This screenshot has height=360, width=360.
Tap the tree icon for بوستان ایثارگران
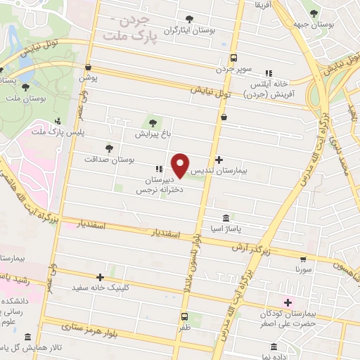pos(188,19)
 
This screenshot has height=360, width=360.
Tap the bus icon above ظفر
pos(184,316)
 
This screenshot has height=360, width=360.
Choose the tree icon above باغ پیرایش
pos(153,122)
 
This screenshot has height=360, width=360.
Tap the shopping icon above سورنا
pos(303,259)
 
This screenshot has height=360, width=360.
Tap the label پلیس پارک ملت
pos(56,132)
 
